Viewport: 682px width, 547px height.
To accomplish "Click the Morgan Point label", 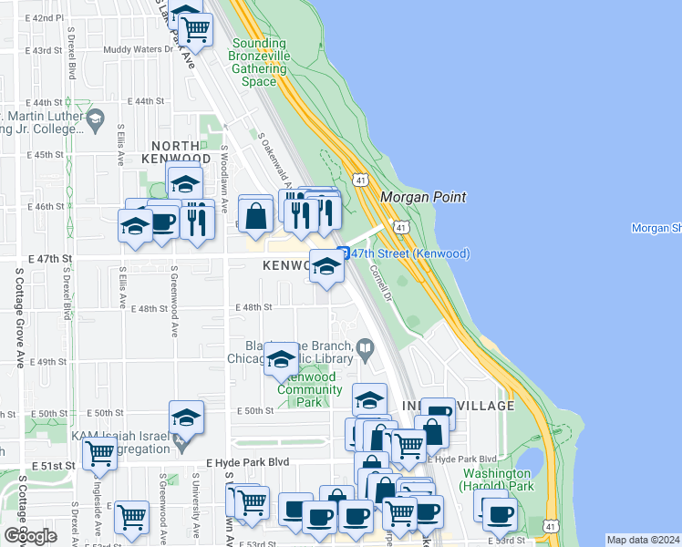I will tap(423, 197).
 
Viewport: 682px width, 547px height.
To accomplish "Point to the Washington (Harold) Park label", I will tap(498, 480).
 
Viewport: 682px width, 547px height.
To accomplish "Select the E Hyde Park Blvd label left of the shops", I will tap(248, 462).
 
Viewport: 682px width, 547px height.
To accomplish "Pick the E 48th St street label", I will tap(254, 307).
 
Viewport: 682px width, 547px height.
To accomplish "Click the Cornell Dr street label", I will tap(381, 284).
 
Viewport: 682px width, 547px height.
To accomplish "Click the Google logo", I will tap(29, 535).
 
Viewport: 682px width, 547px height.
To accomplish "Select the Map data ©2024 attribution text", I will tap(644, 540).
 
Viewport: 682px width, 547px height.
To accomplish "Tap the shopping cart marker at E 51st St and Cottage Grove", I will tap(99, 453).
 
